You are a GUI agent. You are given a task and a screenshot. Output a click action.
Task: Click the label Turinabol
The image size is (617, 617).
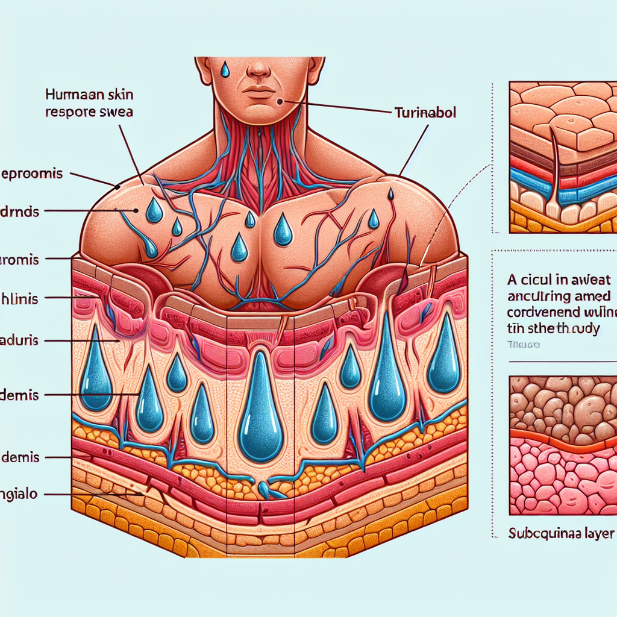tap(425, 113)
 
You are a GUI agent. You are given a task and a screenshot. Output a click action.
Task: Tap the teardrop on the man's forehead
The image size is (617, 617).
tap(225, 69)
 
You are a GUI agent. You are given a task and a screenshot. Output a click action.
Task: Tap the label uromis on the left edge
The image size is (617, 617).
tap(19, 260)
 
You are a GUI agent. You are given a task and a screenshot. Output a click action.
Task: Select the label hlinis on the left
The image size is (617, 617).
tap(19, 297)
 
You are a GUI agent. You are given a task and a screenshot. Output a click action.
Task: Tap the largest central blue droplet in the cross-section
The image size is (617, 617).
tap(258, 410)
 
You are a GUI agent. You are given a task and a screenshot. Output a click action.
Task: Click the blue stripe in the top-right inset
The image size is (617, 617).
tap(530, 181)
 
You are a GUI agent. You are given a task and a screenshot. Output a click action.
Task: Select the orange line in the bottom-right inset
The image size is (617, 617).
tap(560, 439)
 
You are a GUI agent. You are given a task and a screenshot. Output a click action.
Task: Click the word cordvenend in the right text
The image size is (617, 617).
tap(542, 313)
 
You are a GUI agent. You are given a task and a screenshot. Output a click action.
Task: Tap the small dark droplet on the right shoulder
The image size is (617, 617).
tap(391, 194)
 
